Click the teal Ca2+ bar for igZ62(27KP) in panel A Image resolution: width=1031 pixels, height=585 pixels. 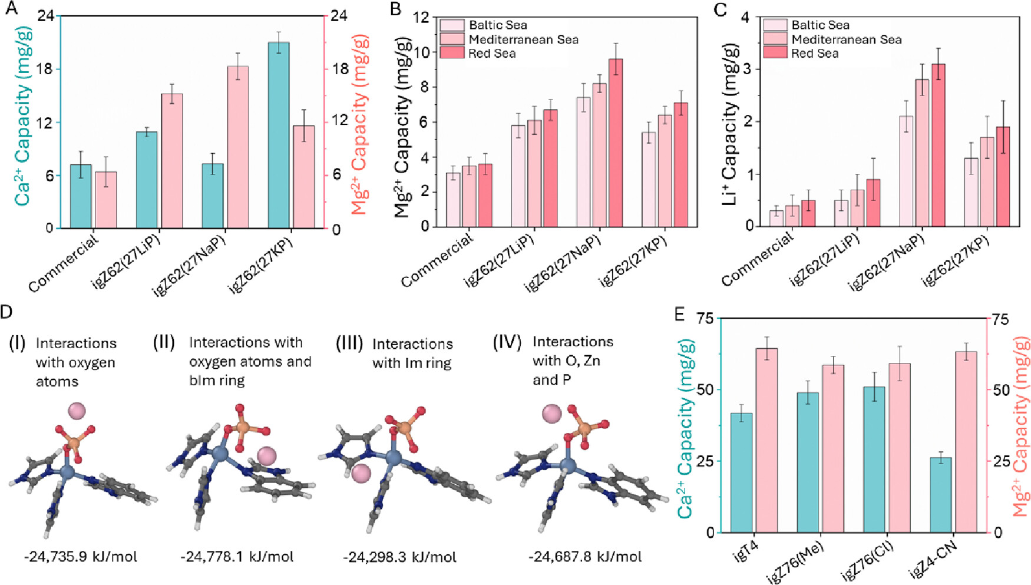click(278, 135)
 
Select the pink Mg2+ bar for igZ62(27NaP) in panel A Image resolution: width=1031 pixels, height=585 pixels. click(238, 147)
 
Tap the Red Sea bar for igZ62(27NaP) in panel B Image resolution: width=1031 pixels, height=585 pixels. click(615, 143)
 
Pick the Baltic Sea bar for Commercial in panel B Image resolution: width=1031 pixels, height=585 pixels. click(453, 200)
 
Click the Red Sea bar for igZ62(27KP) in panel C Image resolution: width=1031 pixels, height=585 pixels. click(1003, 177)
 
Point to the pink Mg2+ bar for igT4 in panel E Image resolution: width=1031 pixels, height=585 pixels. click(766, 440)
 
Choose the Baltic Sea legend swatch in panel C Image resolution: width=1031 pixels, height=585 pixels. click(775, 25)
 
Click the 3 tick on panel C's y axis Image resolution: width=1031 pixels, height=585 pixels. click(746, 69)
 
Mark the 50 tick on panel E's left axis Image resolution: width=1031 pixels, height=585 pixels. click(706, 390)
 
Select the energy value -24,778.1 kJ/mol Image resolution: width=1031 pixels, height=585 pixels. click(237, 557)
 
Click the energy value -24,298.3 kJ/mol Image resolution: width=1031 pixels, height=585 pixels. click(399, 557)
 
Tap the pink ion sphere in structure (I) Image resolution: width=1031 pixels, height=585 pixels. click(77, 411)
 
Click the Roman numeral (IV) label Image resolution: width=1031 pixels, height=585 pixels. click(507, 342)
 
